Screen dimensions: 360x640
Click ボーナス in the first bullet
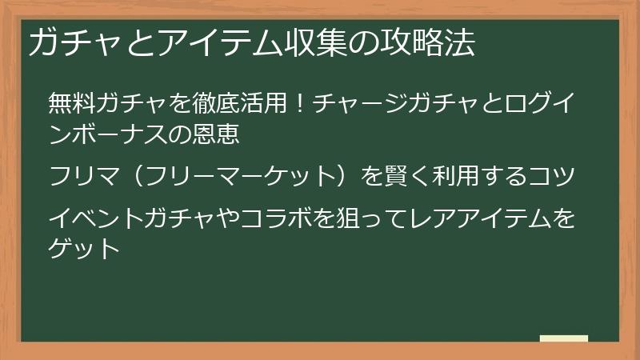tap(112, 132)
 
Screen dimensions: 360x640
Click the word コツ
tap(555, 175)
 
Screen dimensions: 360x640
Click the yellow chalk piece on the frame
tap(563, 339)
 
